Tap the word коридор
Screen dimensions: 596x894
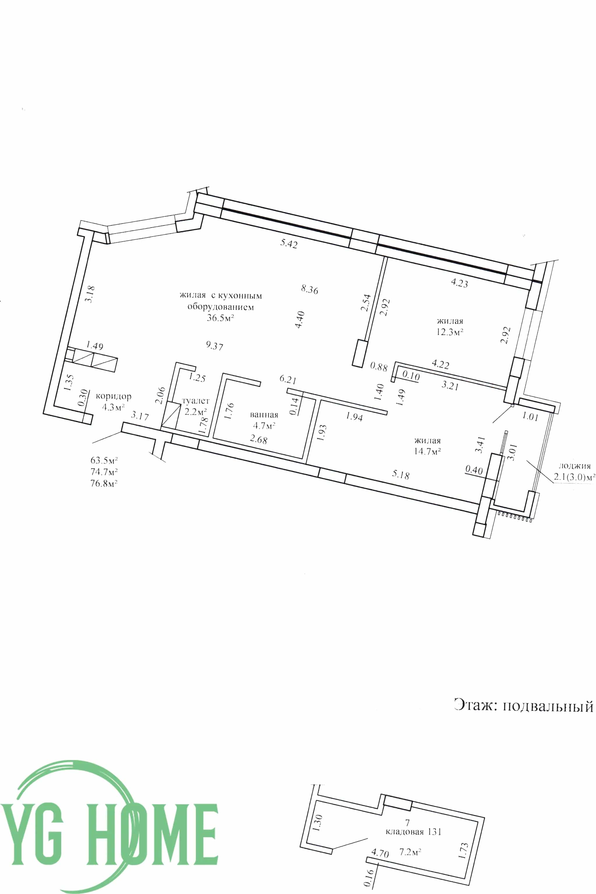coord(113,396)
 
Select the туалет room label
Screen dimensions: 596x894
coord(196,401)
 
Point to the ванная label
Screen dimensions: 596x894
coord(264,415)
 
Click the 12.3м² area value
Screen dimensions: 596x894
coord(450,332)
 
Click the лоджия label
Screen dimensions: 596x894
coord(574,466)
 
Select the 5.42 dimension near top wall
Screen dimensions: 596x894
coord(289,243)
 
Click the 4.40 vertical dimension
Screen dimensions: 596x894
coord(300,320)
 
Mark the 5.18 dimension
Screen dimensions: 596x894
coord(401,475)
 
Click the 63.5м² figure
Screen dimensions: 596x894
coord(104,460)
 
